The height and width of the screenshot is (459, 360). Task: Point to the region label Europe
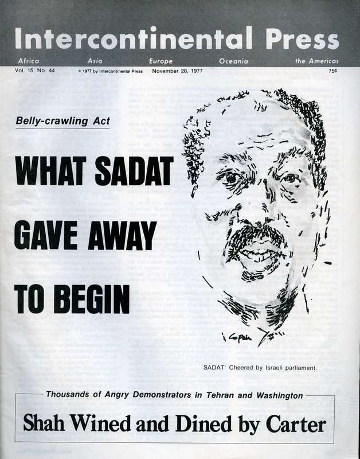pos(161,60)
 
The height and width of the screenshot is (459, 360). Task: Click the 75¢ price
pos(333,71)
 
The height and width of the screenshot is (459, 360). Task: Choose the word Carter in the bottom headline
pos(296,425)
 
